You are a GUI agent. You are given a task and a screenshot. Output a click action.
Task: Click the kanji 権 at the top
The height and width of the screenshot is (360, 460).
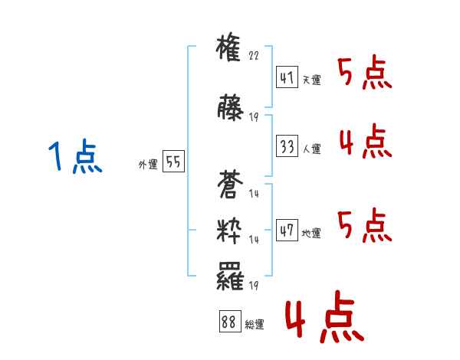pos(230,51)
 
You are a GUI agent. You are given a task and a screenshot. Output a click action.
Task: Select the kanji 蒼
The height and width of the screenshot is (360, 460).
pos(230,185)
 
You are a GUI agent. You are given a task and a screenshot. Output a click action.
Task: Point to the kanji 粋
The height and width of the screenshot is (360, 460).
pos(230,230)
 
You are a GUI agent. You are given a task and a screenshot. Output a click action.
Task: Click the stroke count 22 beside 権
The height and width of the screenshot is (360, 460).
pos(255,57)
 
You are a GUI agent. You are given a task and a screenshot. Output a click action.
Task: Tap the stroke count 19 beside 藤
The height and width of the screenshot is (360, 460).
pos(254,118)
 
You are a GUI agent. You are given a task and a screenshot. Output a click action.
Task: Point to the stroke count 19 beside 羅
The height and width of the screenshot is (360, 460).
pos(254,286)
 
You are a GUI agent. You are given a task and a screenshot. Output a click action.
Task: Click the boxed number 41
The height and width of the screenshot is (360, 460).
pos(287,78)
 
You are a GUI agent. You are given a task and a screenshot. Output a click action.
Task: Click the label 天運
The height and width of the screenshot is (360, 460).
pos(311,80)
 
